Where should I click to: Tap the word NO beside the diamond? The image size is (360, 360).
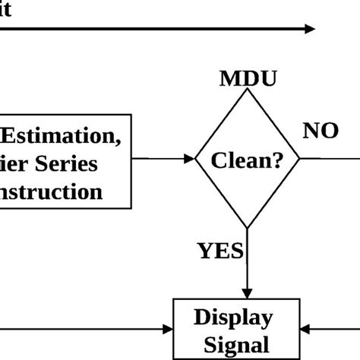[x=321, y=131]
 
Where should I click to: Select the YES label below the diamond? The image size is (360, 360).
[x=220, y=251]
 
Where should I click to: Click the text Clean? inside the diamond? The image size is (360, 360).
[x=247, y=160]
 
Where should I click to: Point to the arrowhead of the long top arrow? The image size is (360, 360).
[x=309, y=29]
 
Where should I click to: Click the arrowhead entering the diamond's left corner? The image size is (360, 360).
[x=189, y=159]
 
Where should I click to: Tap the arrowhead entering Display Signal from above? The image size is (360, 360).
[x=247, y=295]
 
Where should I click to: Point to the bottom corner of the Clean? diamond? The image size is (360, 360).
[x=247, y=227]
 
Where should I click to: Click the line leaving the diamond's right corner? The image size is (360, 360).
[x=330, y=159]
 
